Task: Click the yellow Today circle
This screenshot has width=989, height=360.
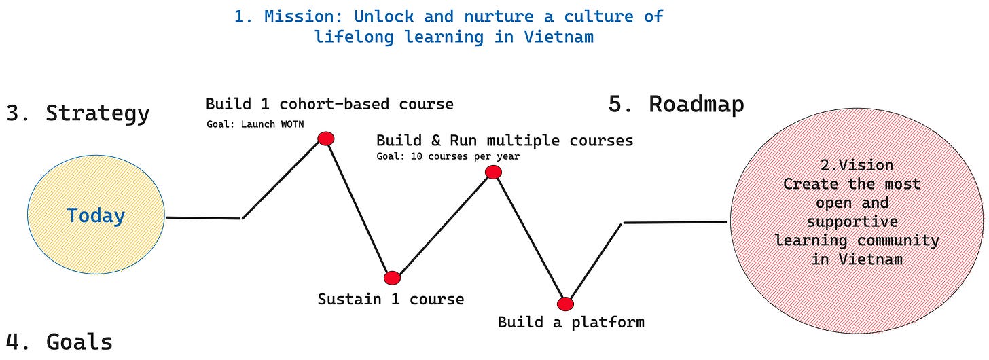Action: click(96, 216)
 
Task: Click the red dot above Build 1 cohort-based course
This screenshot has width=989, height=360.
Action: click(326, 139)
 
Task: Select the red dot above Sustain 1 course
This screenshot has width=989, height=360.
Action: click(392, 278)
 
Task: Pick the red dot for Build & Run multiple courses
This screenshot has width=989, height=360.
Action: click(493, 173)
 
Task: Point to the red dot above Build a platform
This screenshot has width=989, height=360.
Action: click(565, 304)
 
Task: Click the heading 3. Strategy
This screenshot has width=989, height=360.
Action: click(77, 113)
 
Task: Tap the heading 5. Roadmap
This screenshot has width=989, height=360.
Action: click(676, 104)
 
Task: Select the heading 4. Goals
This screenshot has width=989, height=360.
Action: click(59, 342)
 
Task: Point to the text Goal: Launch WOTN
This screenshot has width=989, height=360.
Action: click(255, 124)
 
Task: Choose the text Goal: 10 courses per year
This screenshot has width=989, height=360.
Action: click(448, 156)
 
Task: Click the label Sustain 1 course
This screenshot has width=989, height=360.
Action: click(391, 299)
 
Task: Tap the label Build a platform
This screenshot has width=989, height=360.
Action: click(571, 322)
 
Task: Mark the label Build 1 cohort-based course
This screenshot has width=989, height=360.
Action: click(329, 104)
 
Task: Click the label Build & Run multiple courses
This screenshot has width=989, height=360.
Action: click(505, 141)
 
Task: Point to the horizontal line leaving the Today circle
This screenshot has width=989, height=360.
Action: click(204, 218)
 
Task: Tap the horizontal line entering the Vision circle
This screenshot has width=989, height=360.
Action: click(676, 222)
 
